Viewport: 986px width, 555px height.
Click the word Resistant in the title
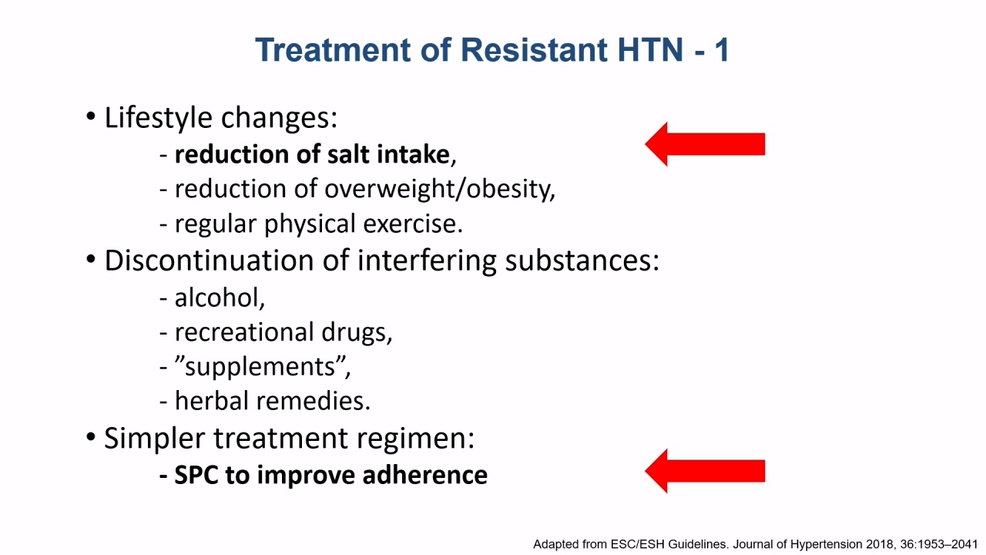click(x=535, y=50)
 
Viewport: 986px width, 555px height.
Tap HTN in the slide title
click(x=651, y=50)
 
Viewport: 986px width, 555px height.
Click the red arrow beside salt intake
click(x=705, y=144)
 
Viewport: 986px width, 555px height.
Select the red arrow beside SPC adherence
click(x=705, y=471)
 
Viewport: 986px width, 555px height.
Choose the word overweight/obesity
click(x=440, y=190)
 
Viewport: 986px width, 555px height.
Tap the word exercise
click(x=413, y=224)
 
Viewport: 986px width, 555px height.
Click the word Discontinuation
click(x=210, y=261)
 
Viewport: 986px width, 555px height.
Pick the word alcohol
click(x=220, y=298)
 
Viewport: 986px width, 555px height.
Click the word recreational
click(x=244, y=331)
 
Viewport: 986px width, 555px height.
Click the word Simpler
click(x=155, y=439)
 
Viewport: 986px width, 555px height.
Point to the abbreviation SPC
click(x=196, y=475)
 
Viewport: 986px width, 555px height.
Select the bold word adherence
click(x=424, y=475)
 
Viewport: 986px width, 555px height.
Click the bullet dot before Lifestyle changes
click(x=91, y=116)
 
